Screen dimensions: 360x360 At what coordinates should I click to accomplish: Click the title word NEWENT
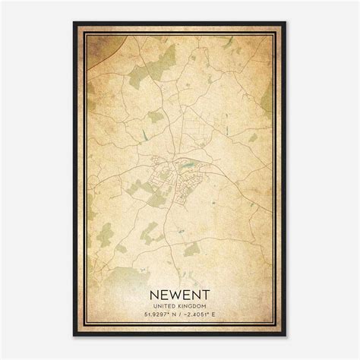click(179, 291)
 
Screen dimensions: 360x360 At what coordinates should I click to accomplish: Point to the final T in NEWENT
click(205, 291)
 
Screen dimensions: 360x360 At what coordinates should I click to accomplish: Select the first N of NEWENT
click(154, 291)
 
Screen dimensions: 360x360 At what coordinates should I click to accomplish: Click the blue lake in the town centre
click(185, 161)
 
